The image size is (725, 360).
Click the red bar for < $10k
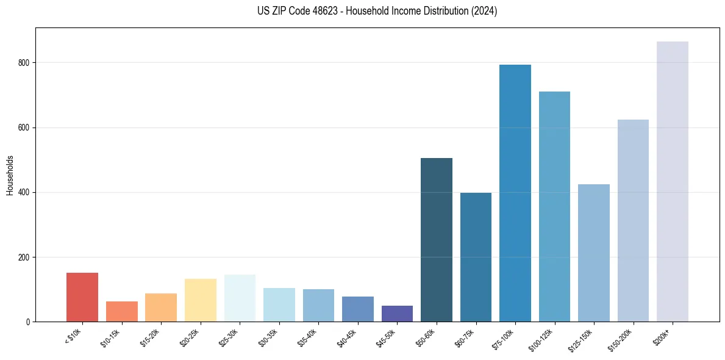(82, 297)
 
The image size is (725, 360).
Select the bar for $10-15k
(122, 311)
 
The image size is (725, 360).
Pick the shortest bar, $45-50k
(398, 314)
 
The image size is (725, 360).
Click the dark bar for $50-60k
(437, 240)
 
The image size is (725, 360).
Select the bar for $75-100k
(515, 193)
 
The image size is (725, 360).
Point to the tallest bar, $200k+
(673, 181)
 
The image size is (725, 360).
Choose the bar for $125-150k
(594, 253)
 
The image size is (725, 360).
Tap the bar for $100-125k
(554, 206)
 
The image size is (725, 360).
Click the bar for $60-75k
(476, 257)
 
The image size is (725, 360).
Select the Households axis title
(10, 175)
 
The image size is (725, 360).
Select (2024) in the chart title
(484, 11)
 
